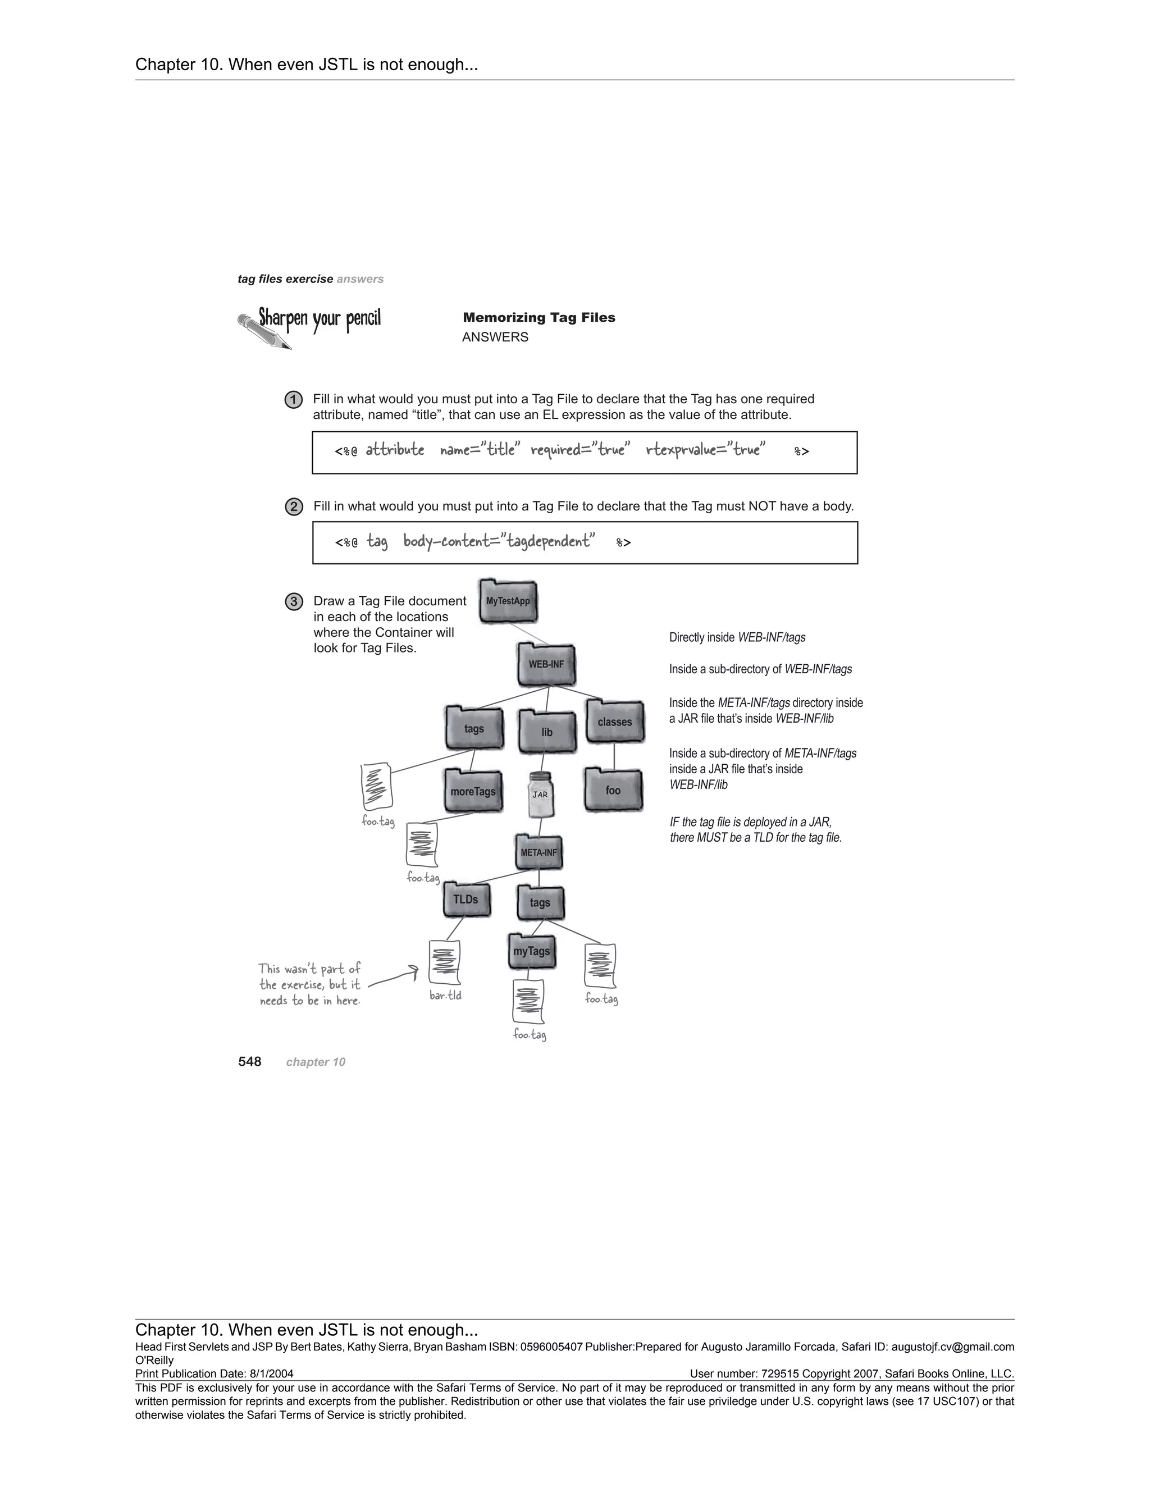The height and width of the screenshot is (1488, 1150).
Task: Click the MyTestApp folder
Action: pos(508,601)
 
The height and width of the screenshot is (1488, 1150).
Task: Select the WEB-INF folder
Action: pos(546,664)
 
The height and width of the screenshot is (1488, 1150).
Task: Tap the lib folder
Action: pos(546,732)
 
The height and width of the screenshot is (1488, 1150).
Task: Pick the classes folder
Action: pos(614,722)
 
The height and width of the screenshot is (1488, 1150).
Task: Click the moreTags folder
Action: pos(473,791)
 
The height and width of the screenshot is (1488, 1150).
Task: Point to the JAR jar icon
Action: pos(541,795)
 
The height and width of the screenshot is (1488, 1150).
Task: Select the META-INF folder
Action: pos(539,853)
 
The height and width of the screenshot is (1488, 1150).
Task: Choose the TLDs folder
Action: pos(466,900)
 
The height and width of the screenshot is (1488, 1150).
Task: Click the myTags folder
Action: pos(531,951)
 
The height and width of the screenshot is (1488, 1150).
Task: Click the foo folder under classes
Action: pos(613,791)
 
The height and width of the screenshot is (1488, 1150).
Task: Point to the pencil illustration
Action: pos(264,332)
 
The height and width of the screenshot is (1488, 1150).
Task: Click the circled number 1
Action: pos(293,400)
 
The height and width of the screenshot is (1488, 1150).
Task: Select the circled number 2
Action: pos(294,507)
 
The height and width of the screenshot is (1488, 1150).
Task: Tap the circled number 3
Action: pos(294,601)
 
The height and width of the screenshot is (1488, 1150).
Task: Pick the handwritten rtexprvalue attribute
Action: pos(706,450)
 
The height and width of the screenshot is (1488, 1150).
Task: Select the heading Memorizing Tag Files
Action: pos(539,317)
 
